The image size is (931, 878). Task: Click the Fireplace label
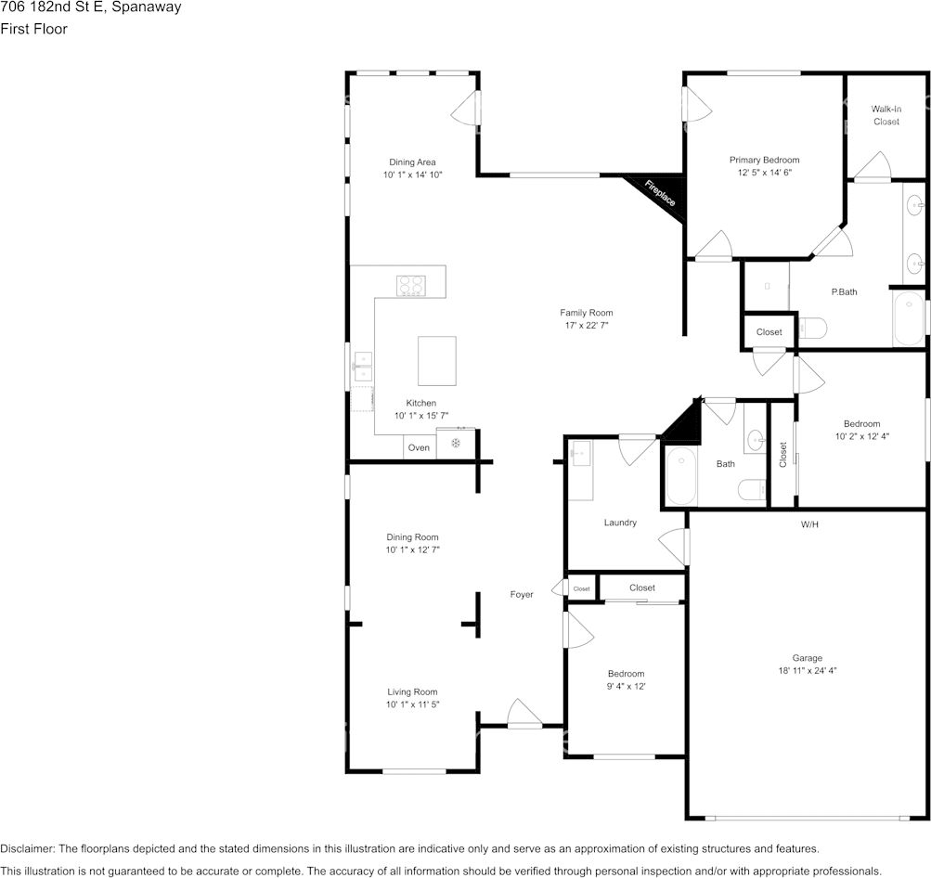pos(660,193)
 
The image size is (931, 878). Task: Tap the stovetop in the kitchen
pos(411,286)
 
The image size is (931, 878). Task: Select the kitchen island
pos(437,361)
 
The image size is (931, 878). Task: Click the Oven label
pos(419,447)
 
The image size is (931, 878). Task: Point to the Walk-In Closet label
pos(886,115)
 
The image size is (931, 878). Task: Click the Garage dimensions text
pos(807,671)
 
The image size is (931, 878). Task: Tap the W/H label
pos(809,524)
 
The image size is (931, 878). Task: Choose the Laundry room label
pos(620,523)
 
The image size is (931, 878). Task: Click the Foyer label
pos(522,594)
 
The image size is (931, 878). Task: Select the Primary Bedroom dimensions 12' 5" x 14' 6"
pos(764,173)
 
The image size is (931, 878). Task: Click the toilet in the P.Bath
pos(813,328)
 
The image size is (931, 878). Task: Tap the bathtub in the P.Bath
pos(909,318)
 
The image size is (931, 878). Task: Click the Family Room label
pos(586,312)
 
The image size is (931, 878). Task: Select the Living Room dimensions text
pos(412,704)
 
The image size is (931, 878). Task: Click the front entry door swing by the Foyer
pos(524,712)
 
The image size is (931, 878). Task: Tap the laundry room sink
pos(580,454)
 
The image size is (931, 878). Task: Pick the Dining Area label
pos(412,162)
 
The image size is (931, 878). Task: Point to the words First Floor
pos(33,29)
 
